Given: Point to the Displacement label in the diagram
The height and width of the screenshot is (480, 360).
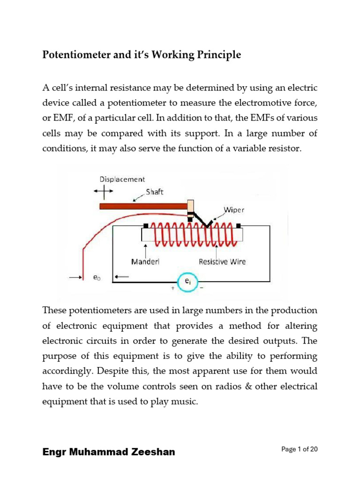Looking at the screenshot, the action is [x=122, y=179].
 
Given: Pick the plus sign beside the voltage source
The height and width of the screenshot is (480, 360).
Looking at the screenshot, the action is [x=173, y=289].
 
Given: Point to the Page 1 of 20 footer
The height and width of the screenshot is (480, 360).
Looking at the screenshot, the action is [x=300, y=450].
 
